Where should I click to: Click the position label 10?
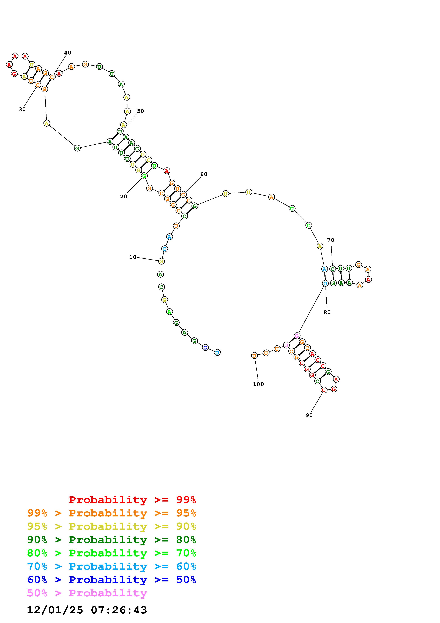(x=133, y=257)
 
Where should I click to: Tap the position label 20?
(x=124, y=197)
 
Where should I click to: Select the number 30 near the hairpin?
(x=22, y=109)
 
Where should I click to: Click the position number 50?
(x=140, y=111)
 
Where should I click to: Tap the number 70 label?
(x=330, y=240)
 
